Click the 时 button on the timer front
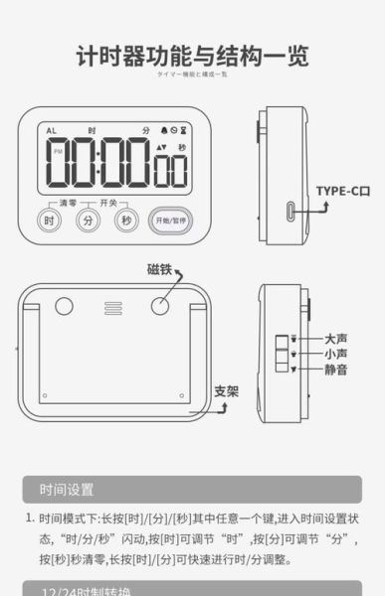click(49, 221)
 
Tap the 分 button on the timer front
click(87, 221)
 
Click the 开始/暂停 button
click(167, 220)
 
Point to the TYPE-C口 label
click(343, 191)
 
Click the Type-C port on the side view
click(290, 213)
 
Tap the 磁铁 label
click(160, 268)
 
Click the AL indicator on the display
click(50, 130)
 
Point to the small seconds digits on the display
click(170, 171)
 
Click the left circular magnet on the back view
click(65, 306)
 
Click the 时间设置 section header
click(67, 489)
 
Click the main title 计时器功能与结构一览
click(192, 56)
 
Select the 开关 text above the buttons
click(108, 203)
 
